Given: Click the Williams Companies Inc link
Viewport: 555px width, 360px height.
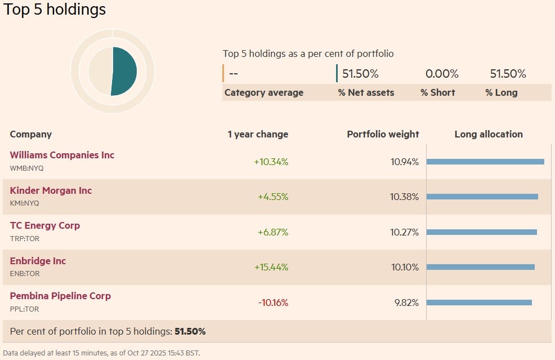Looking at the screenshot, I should [62, 155].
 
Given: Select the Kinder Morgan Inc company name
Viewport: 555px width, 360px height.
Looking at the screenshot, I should [51, 190].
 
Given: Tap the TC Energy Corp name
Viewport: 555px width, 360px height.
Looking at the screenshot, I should [45, 225].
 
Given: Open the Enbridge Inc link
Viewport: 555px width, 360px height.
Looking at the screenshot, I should [38, 261].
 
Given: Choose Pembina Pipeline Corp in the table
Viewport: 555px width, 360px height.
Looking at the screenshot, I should [60, 296].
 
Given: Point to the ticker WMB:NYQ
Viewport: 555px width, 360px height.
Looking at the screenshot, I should [26, 168].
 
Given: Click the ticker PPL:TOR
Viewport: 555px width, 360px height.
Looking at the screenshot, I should [24, 309].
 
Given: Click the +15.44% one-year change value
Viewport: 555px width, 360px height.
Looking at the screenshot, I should [271, 267].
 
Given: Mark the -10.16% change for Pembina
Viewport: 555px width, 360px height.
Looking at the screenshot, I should [273, 303].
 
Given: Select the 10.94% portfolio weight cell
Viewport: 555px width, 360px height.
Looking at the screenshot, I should [405, 162].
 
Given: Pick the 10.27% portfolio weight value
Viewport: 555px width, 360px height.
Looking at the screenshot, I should [405, 232].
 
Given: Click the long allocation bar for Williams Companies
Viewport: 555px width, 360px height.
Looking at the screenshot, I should [485, 162].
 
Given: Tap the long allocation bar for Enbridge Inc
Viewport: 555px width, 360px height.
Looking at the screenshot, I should [480, 267].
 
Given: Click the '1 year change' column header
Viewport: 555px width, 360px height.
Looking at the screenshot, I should [258, 134].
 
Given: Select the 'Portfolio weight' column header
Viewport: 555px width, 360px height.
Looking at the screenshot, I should [383, 134].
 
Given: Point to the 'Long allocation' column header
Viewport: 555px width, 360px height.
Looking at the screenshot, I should [489, 134].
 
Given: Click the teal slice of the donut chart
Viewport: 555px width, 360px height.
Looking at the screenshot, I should [125, 70].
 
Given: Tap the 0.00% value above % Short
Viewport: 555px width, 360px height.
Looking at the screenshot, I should [442, 74].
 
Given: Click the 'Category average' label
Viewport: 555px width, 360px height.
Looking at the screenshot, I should [263, 92].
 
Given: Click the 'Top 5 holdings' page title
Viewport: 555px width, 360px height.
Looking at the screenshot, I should [55, 10].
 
